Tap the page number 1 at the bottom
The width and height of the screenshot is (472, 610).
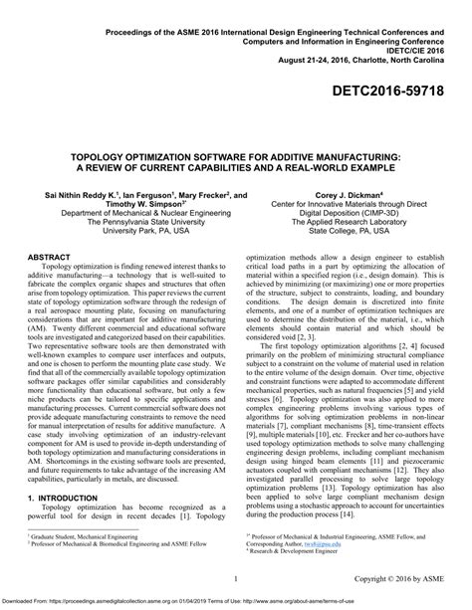(x=235, y=577)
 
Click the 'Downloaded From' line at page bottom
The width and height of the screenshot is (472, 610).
(x=236, y=602)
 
